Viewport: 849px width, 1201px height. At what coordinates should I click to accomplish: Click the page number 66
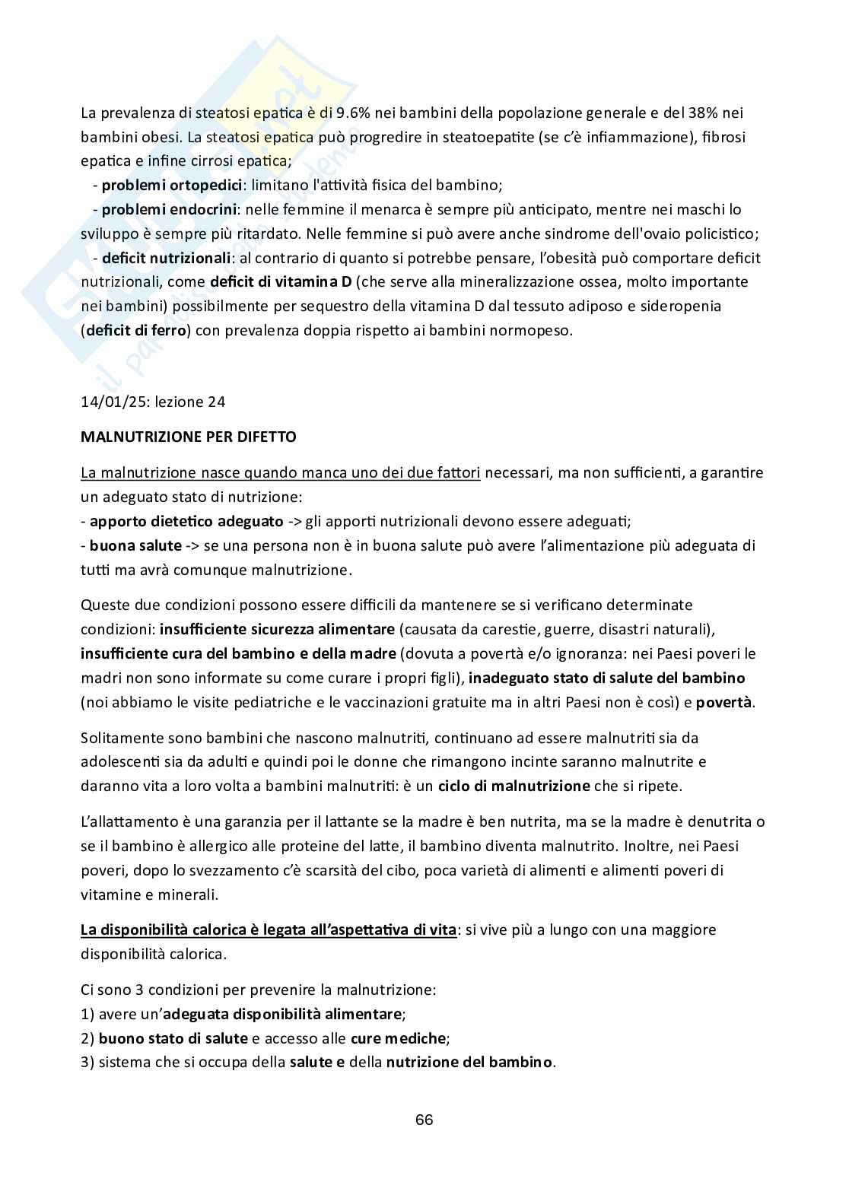tap(424, 1120)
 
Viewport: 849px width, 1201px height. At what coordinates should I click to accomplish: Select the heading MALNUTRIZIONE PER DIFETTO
tap(188, 437)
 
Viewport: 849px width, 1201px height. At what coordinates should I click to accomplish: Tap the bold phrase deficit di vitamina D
tap(281, 282)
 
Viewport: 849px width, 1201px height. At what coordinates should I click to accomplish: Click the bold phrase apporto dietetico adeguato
tap(174, 522)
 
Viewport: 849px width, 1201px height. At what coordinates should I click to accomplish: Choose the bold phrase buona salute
tap(135, 546)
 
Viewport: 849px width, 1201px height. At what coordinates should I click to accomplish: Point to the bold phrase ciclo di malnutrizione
tap(514, 786)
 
